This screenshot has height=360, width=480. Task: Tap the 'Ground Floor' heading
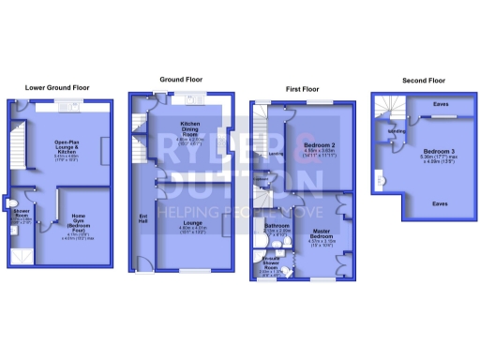pyautogui.click(x=182, y=80)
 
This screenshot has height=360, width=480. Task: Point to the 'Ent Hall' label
pyautogui.click(x=142, y=218)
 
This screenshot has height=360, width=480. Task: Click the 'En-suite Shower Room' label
pyautogui.click(x=274, y=262)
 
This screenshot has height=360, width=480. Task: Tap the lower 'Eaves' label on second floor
pyautogui.click(x=439, y=202)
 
